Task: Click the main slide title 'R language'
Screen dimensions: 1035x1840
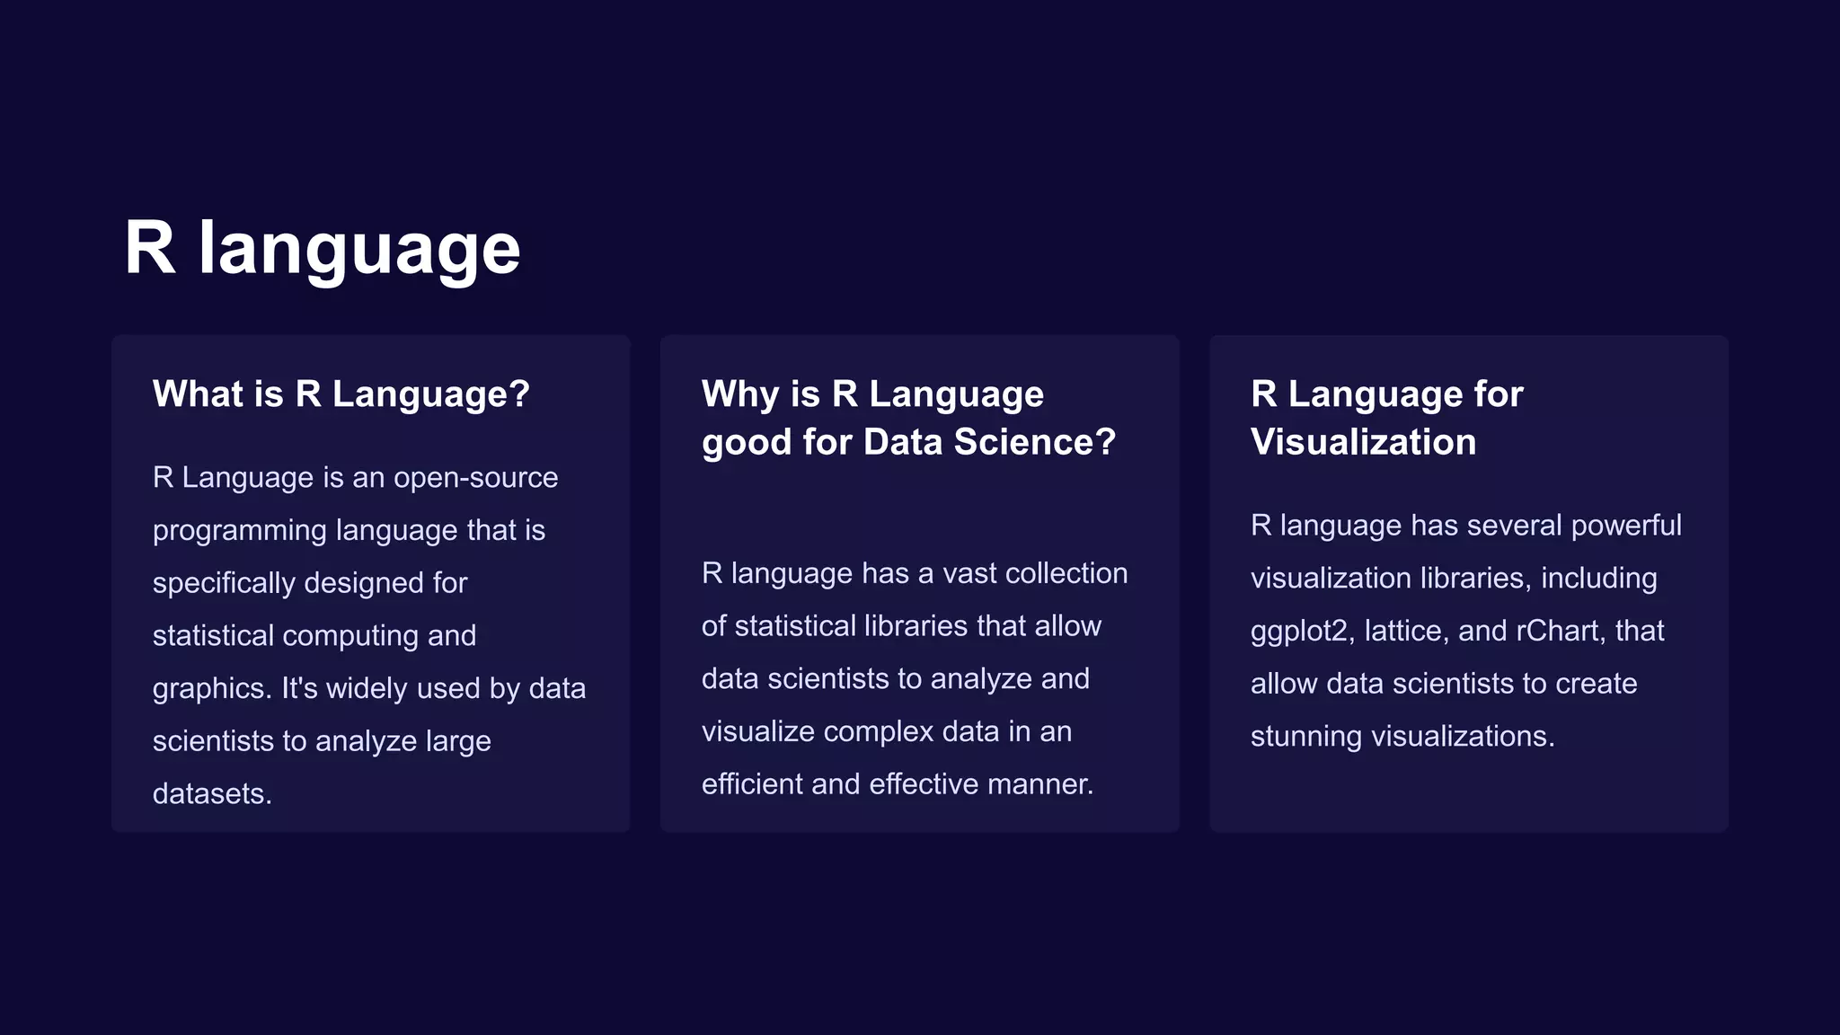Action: [x=322, y=248]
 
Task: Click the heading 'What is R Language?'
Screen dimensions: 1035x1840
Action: [x=341, y=394]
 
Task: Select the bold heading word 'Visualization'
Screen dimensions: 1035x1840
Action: [x=1363, y=442]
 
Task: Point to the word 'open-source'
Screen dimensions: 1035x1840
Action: [x=475, y=477]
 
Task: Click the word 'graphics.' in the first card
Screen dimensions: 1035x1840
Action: [x=212, y=689]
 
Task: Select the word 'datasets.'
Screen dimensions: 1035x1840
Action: [x=212, y=793]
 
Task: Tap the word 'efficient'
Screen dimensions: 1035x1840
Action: [x=752, y=783]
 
